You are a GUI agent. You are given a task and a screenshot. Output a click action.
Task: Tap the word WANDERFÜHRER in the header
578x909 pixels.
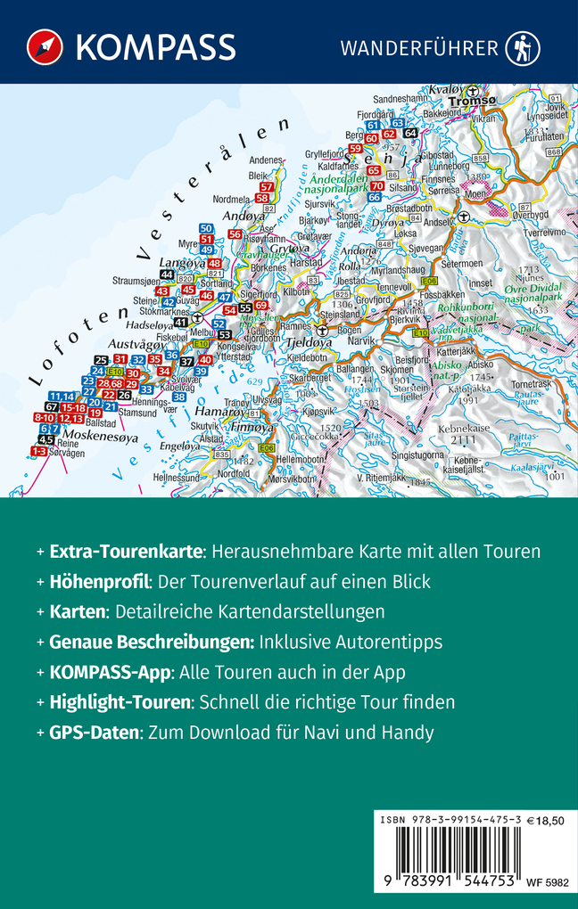point(418,48)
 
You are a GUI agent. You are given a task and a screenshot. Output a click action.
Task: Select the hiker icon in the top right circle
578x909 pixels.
point(523,48)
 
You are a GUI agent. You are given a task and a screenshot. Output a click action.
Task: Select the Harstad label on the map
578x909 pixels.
point(305,263)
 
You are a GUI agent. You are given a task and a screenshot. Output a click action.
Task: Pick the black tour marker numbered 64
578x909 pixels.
point(410,133)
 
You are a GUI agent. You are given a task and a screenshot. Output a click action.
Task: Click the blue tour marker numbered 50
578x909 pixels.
point(206,229)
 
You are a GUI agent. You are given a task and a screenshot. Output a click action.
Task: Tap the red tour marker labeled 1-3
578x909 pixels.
point(39,452)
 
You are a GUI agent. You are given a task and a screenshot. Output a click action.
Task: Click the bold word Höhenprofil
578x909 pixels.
point(98,582)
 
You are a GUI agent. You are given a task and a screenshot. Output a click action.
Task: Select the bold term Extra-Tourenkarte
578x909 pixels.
point(126,552)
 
